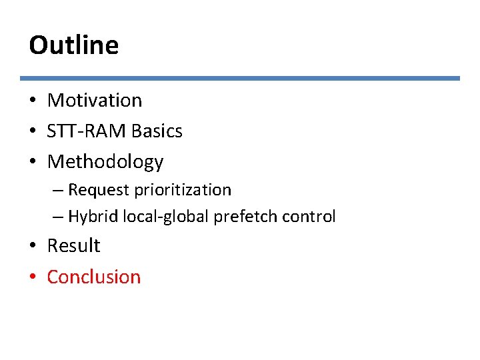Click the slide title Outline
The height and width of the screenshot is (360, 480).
(x=73, y=45)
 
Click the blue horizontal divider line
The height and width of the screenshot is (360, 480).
(x=240, y=78)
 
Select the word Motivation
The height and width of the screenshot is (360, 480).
(x=95, y=101)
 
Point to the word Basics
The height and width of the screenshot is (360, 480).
(x=157, y=131)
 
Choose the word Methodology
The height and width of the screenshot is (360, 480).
(x=105, y=162)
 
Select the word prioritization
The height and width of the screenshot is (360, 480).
(x=183, y=190)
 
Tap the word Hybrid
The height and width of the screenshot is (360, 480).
(x=92, y=217)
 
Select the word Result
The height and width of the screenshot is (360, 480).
(x=73, y=246)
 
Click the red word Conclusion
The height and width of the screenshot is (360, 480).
(x=94, y=277)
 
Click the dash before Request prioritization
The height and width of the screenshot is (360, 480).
(x=58, y=191)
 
